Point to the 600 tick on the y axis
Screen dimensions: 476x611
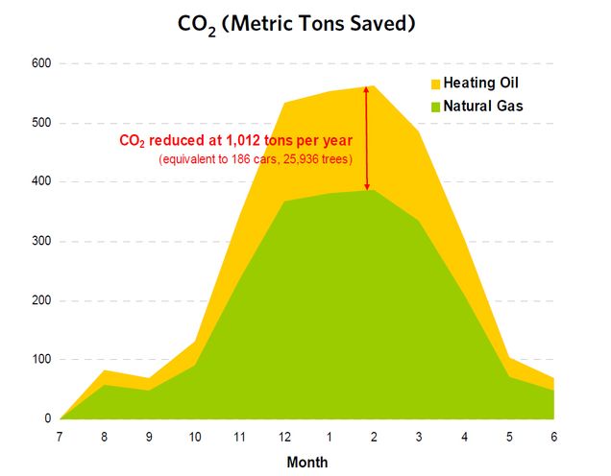pos(42,64)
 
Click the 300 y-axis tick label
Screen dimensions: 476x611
pos(42,242)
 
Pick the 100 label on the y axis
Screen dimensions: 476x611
pos(42,360)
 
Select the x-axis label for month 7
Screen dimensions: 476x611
pos(60,437)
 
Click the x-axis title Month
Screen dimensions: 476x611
pos(306,462)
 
